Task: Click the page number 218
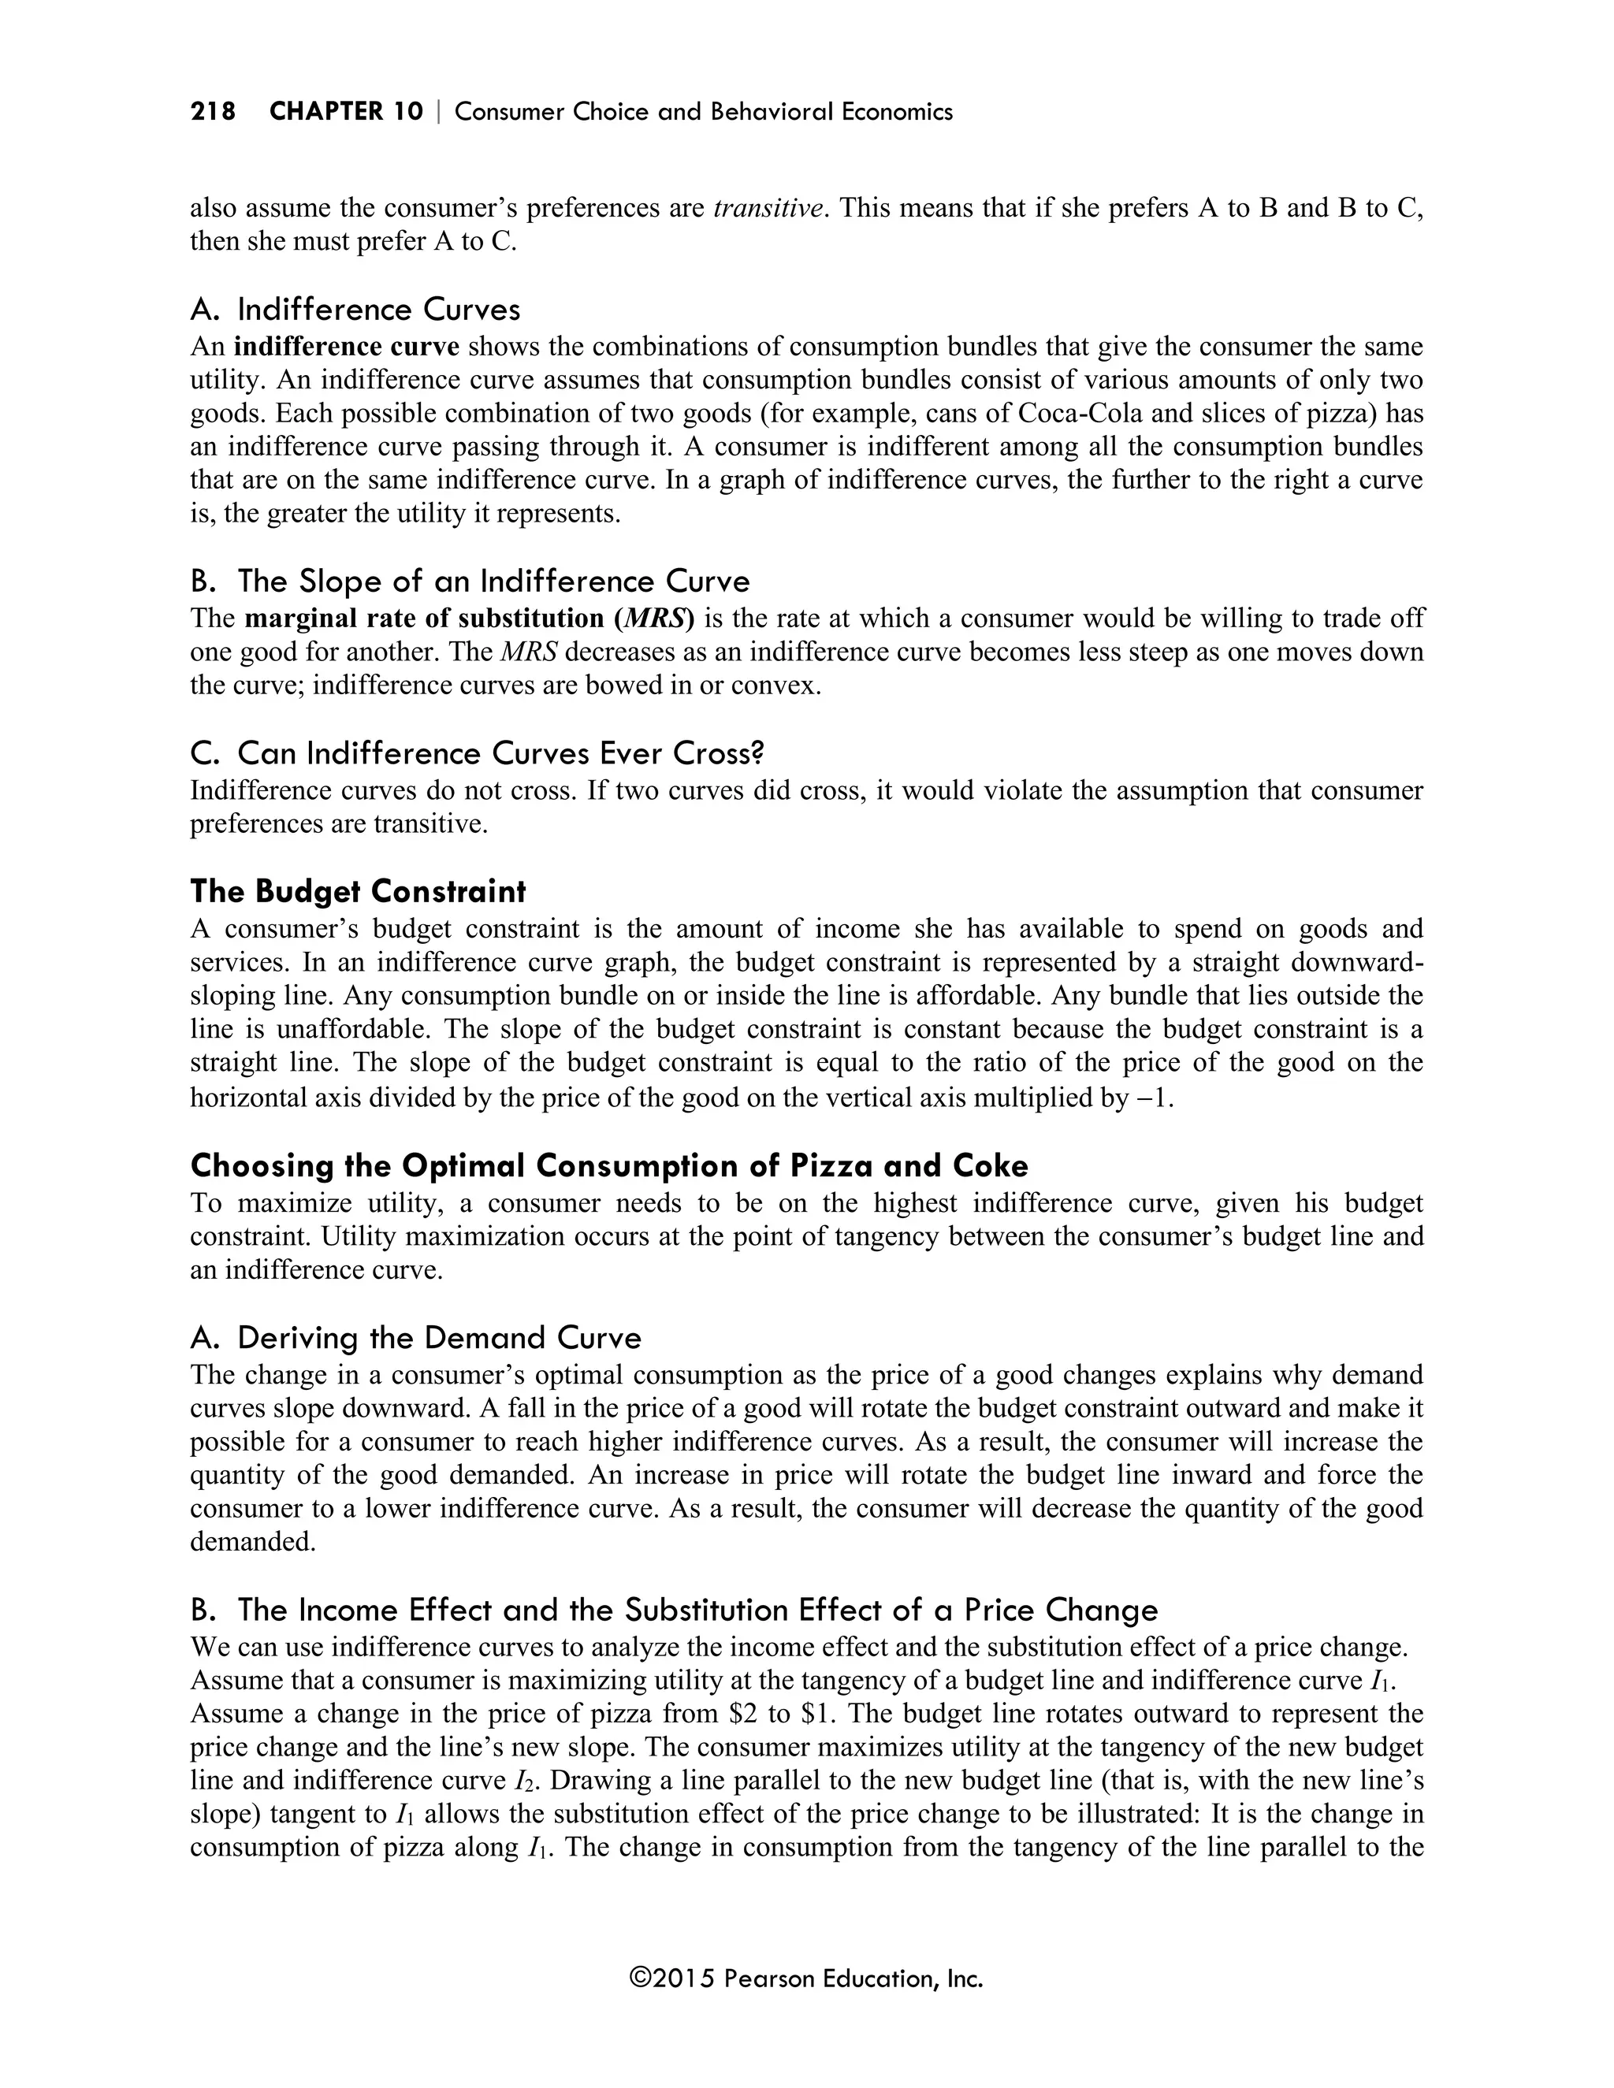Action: (212, 112)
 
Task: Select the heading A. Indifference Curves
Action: (355, 310)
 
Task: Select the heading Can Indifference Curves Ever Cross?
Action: (477, 753)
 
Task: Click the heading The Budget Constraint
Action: (358, 891)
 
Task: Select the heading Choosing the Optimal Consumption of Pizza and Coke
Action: (609, 1165)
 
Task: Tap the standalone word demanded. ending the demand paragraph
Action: (252, 1541)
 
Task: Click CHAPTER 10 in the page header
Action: (345, 112)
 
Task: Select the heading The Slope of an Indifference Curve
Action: (470, 581)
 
